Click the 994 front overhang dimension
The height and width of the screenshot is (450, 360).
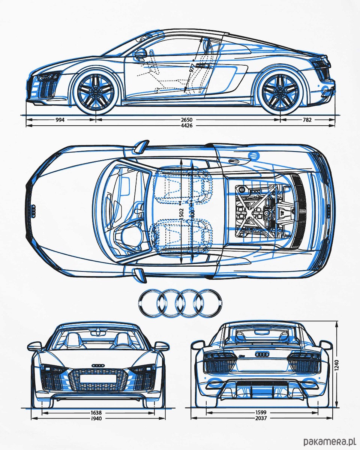point(60,120)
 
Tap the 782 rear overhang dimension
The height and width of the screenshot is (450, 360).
point(307,120)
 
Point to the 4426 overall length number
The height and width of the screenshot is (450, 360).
point(186,126)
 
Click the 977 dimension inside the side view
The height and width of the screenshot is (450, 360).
point(192,68)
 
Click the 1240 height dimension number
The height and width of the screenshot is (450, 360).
point(337,364)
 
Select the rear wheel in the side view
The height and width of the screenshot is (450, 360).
point(280,90)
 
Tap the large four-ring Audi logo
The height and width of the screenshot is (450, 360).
point(180,303)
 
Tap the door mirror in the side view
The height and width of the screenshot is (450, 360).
point(141,53)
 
